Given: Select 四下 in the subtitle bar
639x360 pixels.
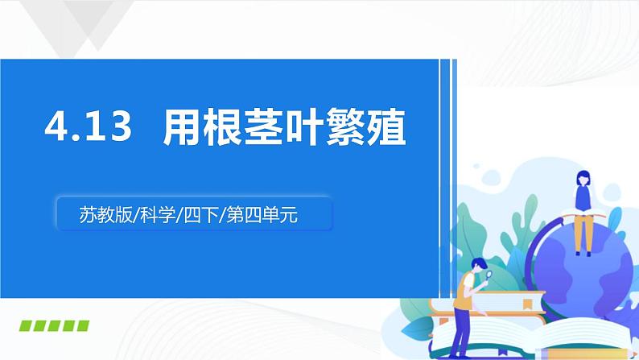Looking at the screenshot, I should (201, 215).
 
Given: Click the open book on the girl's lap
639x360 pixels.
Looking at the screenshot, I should (582, 212).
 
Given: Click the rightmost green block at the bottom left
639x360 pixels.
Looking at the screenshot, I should (82, 327).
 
